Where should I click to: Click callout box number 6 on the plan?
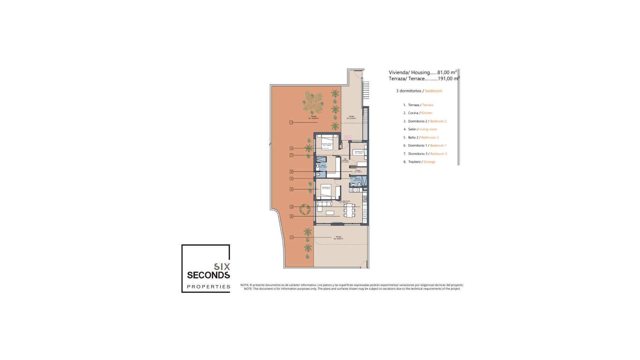291,148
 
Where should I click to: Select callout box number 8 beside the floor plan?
291,172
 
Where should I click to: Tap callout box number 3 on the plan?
291,189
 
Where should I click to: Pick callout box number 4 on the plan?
291,216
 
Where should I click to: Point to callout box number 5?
291,179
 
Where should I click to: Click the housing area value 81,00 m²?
447,72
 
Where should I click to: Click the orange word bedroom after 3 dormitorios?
434,91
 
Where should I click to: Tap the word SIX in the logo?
222,267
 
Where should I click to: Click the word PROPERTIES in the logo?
209,287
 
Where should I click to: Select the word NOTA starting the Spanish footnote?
244,285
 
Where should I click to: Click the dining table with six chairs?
350,210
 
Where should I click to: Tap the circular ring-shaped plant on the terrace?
304,209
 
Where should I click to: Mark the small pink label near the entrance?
347,137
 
